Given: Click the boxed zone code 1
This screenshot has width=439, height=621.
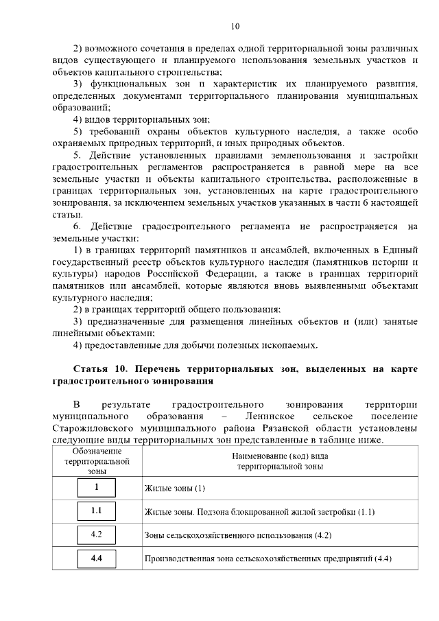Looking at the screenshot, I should [x=96, y=488].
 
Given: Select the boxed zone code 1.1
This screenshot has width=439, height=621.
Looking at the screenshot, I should [x=96, y=511].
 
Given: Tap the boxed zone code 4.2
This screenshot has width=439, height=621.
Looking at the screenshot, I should [x=96, y=534].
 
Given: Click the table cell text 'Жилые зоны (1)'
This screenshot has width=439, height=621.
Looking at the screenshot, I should [x=176, y=489].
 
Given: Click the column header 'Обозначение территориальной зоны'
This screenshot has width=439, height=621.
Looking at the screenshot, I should [x=97, y=460].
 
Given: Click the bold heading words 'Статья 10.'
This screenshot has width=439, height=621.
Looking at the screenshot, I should [x=99, y=370].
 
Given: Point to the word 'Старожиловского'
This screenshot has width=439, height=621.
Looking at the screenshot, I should [x=90, y=428].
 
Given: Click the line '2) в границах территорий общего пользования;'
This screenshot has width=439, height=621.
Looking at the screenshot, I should [x=167, y=310].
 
